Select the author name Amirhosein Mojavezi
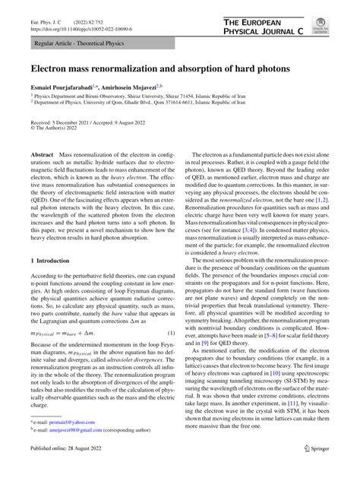tap(124, 88)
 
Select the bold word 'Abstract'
tap(43, 154)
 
